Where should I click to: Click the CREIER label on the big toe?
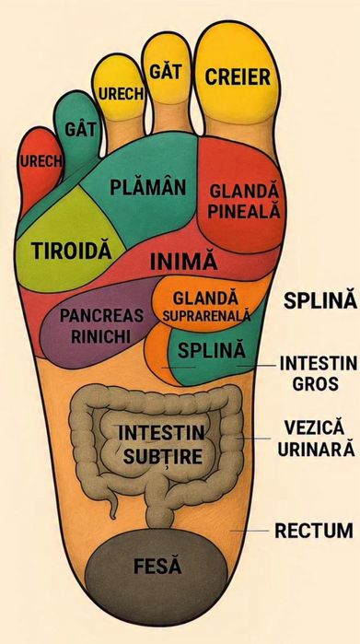[x=238, y=76]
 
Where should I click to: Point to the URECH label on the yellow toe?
[x=119, y=95]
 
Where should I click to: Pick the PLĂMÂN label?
[x=147, y=187]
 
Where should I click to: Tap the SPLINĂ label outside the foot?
[x=318, y=301]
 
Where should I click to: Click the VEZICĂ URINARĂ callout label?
[x=315, y=438]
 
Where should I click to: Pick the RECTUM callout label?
[x=313, y=531]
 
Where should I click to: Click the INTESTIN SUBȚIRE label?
[x=163, y=443]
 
